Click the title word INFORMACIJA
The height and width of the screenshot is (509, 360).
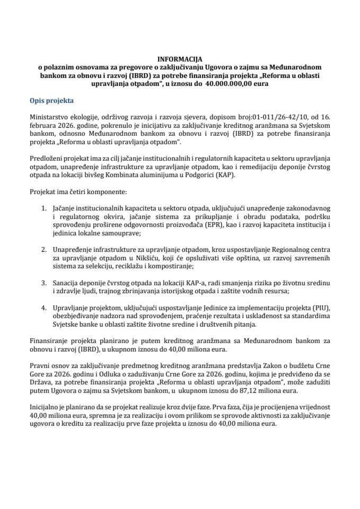180,60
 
